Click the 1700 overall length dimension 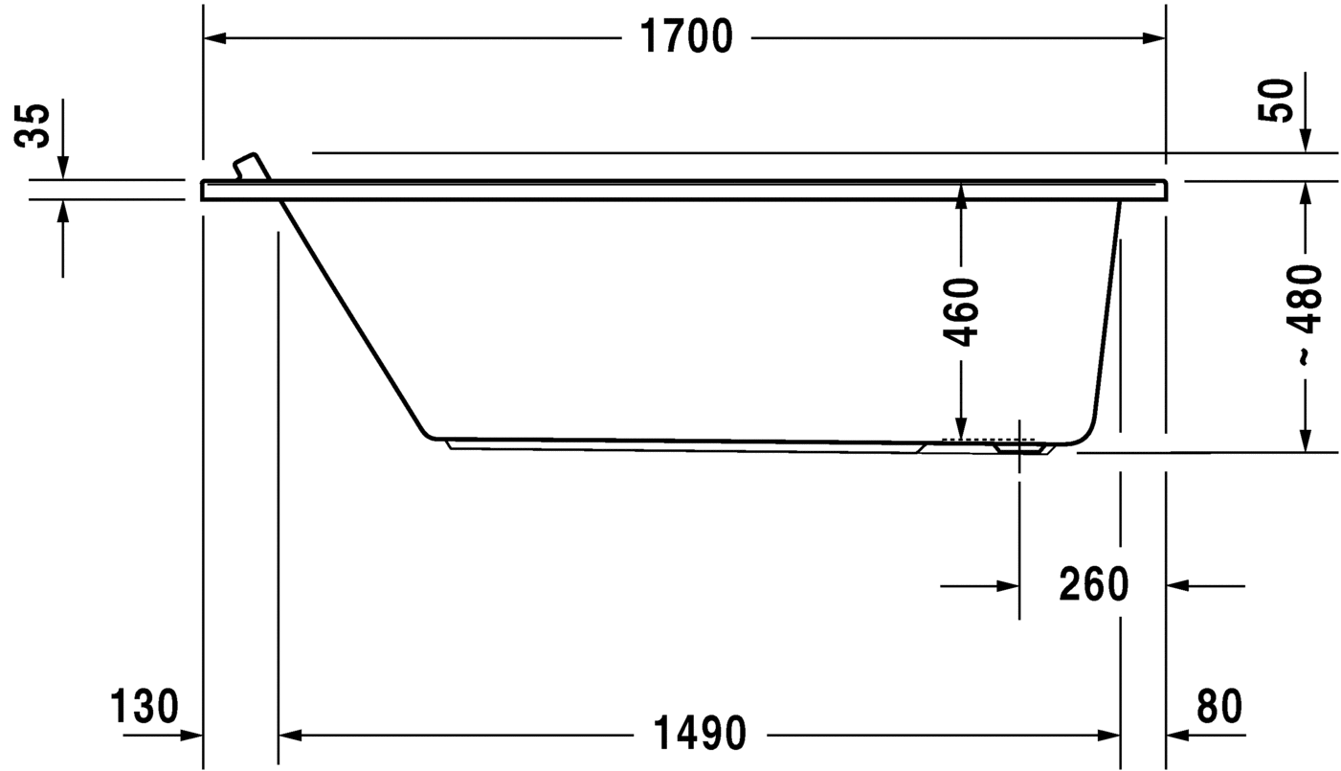[x=685, y=37]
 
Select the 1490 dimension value [x=699, y=735]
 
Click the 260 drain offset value [x=1094, y=584]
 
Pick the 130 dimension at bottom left [x=145, y=707]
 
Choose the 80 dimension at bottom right [x=1218, y=707]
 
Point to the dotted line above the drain [x=989, y=439]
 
